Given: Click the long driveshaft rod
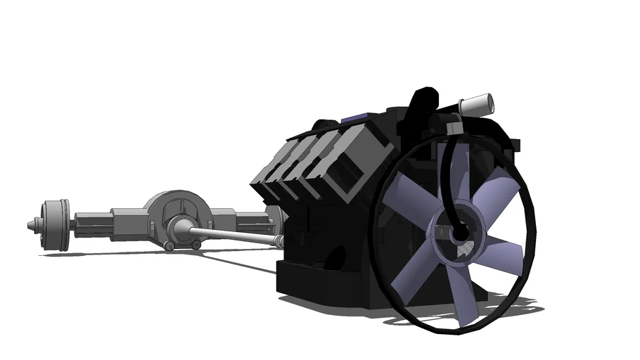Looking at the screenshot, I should point(232,235).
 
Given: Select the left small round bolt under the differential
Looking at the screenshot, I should point(169,245).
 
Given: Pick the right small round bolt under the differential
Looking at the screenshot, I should point(196,245).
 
